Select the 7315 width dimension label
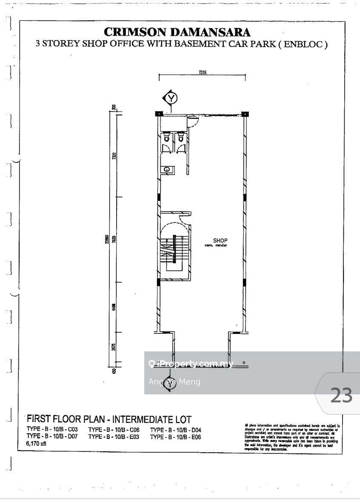(202, 73)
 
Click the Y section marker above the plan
(171, 98)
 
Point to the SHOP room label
(220, 240)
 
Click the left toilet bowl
(167, 138)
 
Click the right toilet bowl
(181, 138)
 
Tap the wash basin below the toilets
(167, 169)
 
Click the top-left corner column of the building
(158, 114)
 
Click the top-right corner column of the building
(245, 114)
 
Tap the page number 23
(341, 396)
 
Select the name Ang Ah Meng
(174, 382)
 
